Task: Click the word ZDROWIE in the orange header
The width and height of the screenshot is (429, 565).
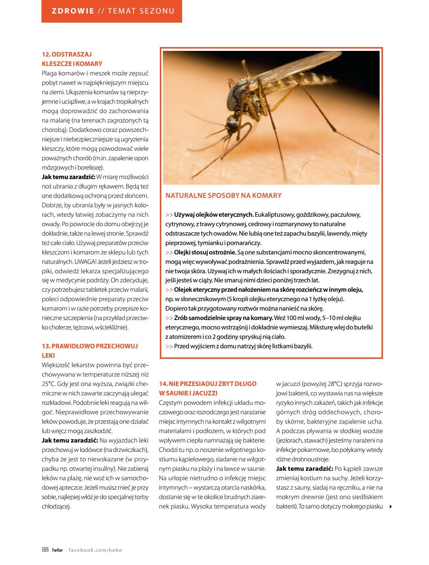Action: (x=73, y=11)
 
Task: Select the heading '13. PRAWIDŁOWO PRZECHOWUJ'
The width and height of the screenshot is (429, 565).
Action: (x=90, y=346)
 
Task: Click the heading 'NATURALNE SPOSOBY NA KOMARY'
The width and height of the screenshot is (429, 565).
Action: (x=224, y=195)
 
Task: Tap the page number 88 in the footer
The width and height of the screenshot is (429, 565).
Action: (x=45, y=550)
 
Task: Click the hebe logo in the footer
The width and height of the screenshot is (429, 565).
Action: (x=58, y=550)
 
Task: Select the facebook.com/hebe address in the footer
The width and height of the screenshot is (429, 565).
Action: (x=95, y=550)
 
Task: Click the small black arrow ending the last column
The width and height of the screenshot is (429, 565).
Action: (x=390, y=507)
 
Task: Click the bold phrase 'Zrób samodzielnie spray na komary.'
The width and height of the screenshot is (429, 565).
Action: (x=224, y=318)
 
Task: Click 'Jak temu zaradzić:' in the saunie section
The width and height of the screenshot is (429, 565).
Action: (x=303, y=469)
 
